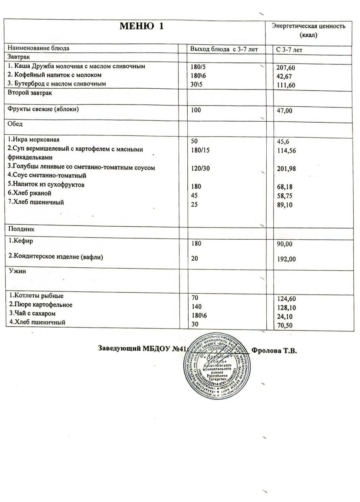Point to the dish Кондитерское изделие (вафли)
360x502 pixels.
(x=56, y=257)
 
